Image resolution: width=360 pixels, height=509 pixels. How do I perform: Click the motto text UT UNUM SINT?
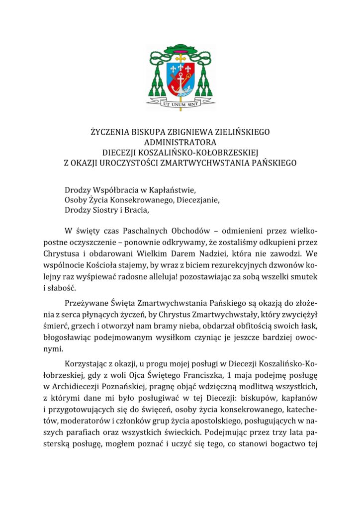coord(180,104)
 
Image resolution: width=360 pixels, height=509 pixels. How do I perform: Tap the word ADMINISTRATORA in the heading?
coord(180,142)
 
